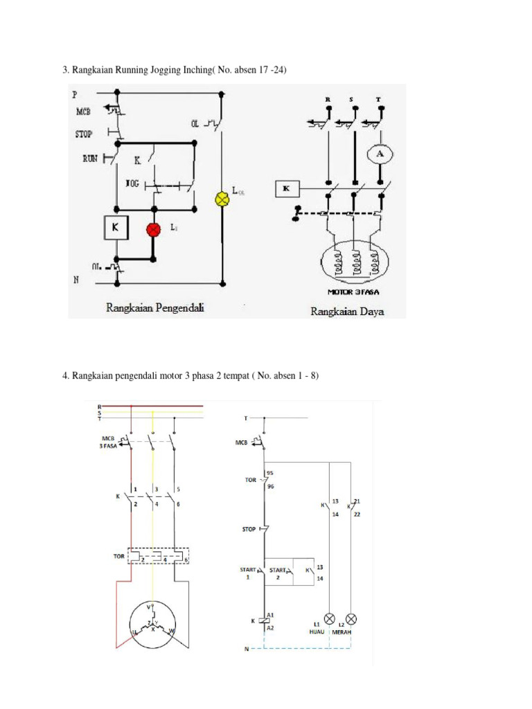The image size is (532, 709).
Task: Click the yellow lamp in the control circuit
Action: pyautogui.click(x=222, y=199)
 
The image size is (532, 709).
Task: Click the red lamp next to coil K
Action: pyautogui.click(x=152, y=229)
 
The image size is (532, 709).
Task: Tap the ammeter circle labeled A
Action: pyautogui.click(x=379, y=155)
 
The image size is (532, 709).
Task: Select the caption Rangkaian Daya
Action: pyautogui.click(x=347, y=312)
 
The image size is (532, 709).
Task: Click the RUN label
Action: pyautogui.click(x=90, y=159)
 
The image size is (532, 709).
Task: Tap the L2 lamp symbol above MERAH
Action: pyautogui.click(x=351, y=617)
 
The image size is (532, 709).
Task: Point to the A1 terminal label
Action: pyautogui.click(x=271, y=613)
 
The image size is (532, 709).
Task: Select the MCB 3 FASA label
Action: pyautogui.click(x=109, y=443)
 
